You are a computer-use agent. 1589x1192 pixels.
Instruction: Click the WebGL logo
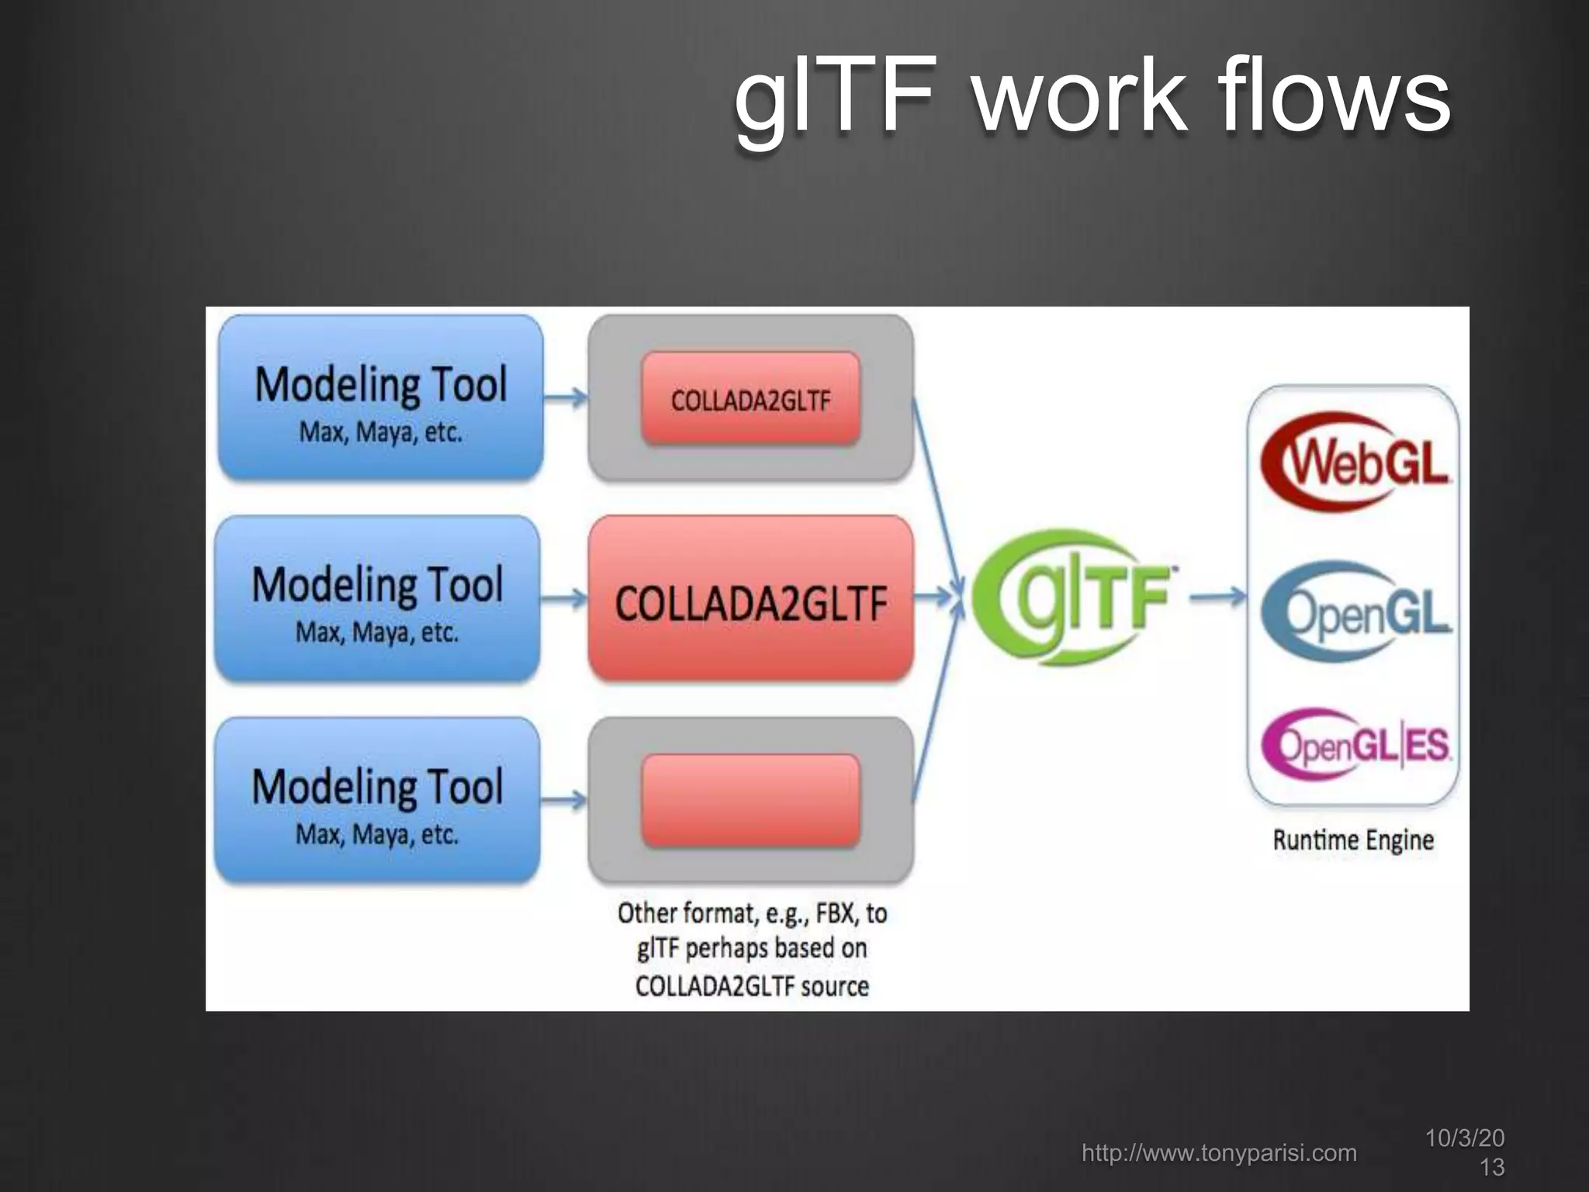click(x=1355, y=461)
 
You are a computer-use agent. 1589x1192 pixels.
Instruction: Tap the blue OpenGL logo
click(x=1355, y=612)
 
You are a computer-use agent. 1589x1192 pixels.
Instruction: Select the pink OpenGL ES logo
click(x=1355, y=745)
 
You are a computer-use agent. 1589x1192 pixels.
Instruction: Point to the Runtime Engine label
click(x=1353, y=840)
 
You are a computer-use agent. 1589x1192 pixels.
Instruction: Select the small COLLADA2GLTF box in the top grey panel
click(x=750, y=399)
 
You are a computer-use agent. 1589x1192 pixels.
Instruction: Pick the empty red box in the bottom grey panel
click(x=750, y=800)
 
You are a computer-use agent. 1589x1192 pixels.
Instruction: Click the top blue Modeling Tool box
click(x=380, y=397)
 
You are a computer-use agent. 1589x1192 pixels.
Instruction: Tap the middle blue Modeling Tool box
click(x=377, y=598)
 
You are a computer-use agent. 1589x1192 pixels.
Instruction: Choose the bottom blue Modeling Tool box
click(x=377, y=800)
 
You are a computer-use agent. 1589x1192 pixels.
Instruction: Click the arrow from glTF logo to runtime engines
click(x=1217, y=597)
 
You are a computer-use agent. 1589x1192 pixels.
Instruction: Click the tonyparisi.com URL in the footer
click(x=1219, y=1152)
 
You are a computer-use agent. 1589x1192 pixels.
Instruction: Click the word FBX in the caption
click(x=835, y=913)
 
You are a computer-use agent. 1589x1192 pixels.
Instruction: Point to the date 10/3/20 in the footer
click(x=1465, y=1138)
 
